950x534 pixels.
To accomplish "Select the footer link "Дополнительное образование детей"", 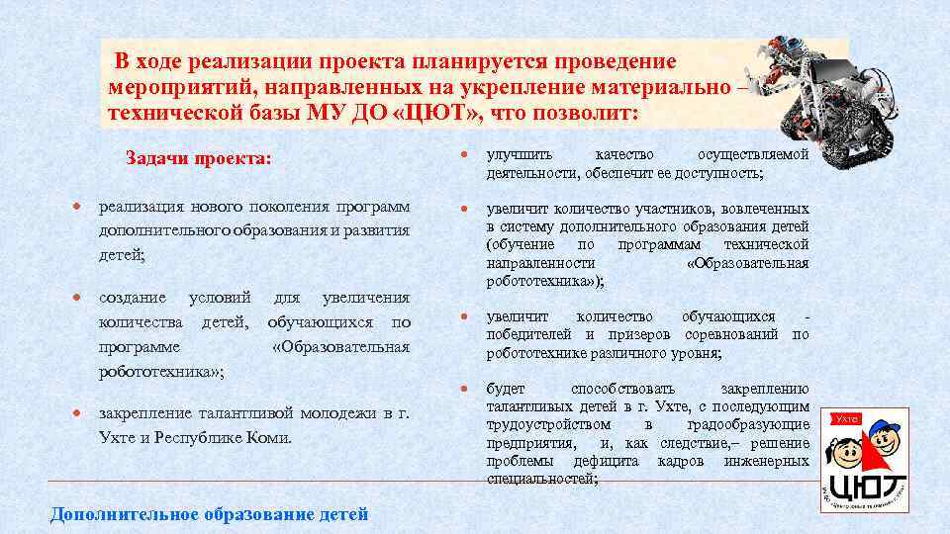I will tap(209, 513).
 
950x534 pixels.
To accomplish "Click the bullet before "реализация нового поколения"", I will tap(76, 207).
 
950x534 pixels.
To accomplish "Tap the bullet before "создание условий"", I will tap(76, 298).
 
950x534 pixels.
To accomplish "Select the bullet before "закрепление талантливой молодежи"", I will tap(76, 412).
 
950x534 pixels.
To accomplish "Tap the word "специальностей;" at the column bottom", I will tap(542, 479).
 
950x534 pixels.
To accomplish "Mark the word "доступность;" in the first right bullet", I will tap(721, 173).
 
